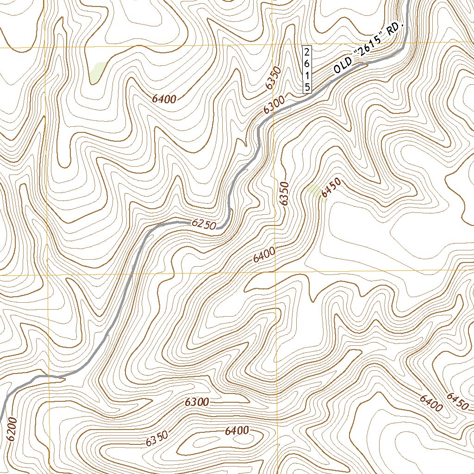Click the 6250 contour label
click(204, 224)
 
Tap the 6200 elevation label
click(12, 429)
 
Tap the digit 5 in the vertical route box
click(307, 87)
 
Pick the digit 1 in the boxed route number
click(307, 75)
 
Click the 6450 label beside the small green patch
click(331, 188)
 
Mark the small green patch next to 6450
click(314, 190)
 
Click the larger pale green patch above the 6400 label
click(98, 72)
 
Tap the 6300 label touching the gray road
click(273, 106)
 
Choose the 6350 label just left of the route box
click(274, 78)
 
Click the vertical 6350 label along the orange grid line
click(284, 194)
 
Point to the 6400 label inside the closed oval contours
click(237, 431)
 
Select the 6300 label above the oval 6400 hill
click(197, 402)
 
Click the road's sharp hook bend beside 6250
click(230, 214)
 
